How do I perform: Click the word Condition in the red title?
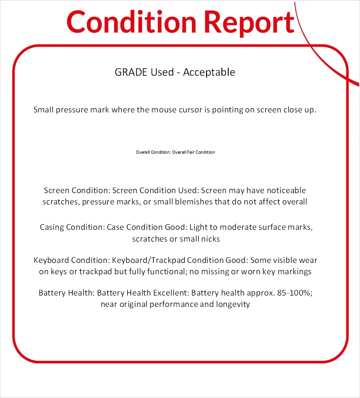(x=130, y=21)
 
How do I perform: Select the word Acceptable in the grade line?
(x=209, y=72)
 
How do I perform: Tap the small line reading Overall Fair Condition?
(x=193, y=152)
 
